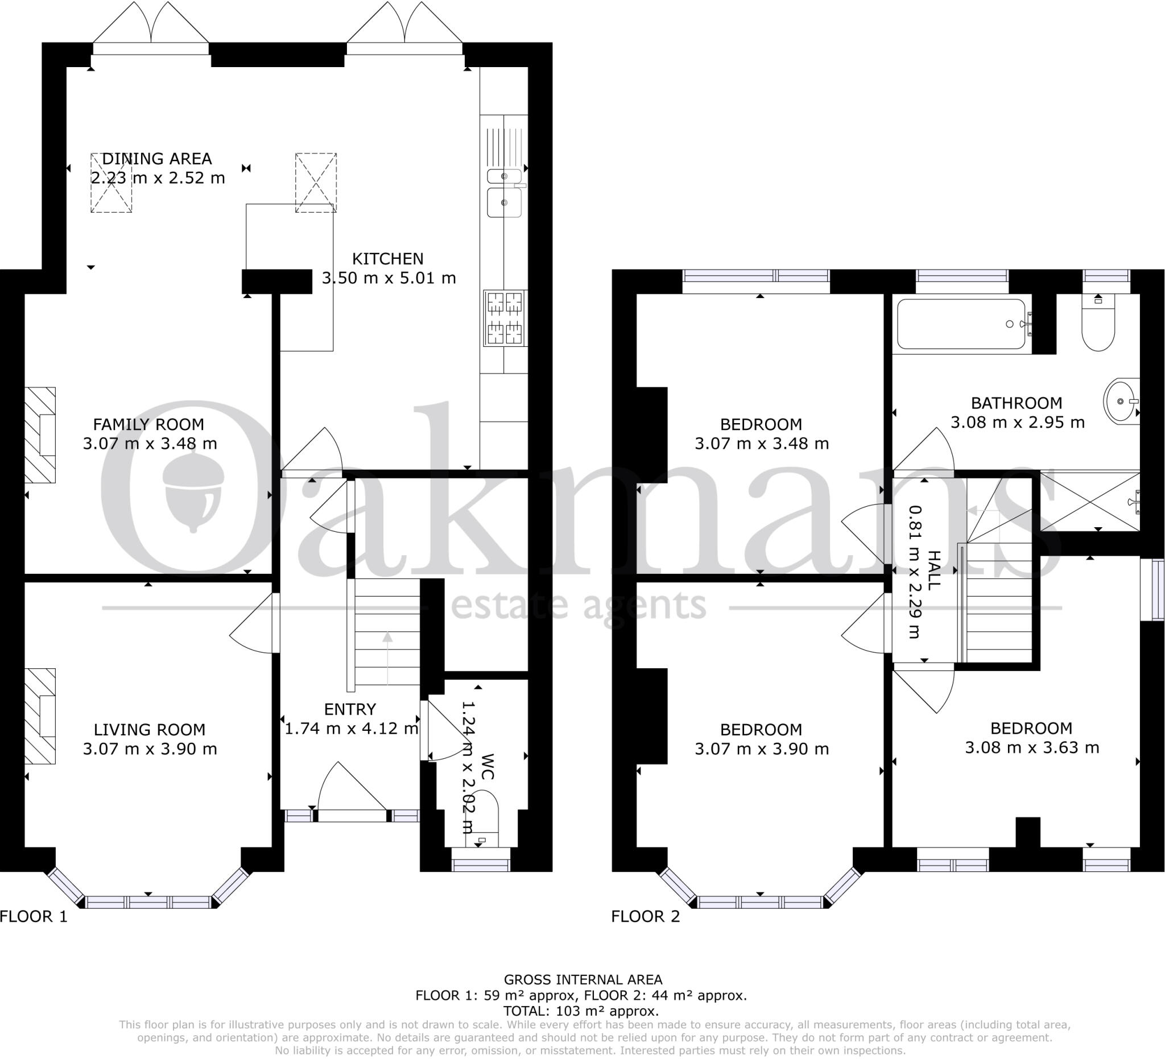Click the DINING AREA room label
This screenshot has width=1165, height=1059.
pyautogui.click(x=156, y=159)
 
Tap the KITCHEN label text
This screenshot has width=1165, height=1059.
pyautogui.click(x=388, y=259)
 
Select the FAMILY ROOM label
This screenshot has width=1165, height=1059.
pyautogui.click(x=148, y=425)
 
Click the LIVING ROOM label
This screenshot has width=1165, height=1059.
pyautogui.click(x=150, y=730)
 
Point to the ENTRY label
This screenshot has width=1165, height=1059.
pyautogui.click(x=350, y=709)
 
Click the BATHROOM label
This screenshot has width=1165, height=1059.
pyautogui.click(x=1017, y=403)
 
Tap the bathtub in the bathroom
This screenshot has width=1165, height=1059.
pyautogui.click(x=961, y=324)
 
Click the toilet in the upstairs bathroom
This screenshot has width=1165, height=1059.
pyautogui.click(x=1097, y=326)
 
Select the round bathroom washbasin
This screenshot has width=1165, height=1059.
pyautogui.click(x=1121, y=401)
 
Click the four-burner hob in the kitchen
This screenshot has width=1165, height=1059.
pyautogui.click(x=505, y=318)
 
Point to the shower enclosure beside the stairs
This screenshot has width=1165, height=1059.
pyautogui.click(x=1089, y=502)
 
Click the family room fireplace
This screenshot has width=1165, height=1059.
pyautogui.click(x=40, y=435)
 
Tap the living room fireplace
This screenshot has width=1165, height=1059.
pyautogui.click(x=40, y=717)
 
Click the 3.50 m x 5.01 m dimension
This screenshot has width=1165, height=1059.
pyautogui.click(x=389, y=279)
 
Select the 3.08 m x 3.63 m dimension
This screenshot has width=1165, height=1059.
pyautogui.click(x=1031, y=747)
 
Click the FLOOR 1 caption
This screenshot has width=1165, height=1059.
pyautogui.click(x=34, y=916)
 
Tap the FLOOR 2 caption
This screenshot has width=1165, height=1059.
pyautogui.click(x=646, y=916)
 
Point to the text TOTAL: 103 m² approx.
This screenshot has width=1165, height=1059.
pyautogui.click(x=581, y=1011)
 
